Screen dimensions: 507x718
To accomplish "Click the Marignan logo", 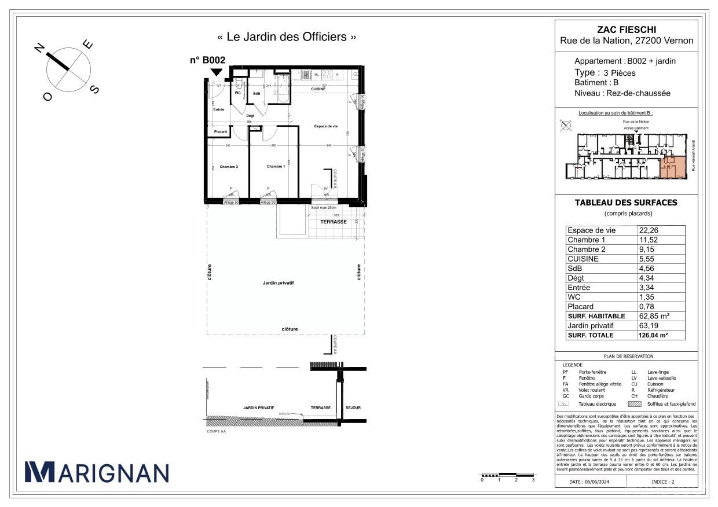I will tap(97, 472).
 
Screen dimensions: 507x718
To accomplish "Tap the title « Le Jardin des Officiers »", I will tap(287, 37).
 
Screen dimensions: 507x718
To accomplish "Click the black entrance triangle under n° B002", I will tap(216, 72).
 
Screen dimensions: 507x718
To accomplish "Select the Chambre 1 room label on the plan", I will tap(276, 167).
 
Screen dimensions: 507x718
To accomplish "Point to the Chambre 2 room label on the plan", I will tap(229, 167).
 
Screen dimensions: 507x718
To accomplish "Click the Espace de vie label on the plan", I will tap(326, 126).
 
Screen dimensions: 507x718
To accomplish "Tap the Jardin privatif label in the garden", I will tap(279, 283).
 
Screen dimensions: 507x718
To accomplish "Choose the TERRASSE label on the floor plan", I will tap(334, 222).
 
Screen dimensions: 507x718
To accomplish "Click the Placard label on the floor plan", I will tap(221, 132).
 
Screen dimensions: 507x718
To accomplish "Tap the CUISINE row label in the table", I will tap(583, 259).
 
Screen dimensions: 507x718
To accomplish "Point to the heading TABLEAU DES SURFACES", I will tap(625, 203).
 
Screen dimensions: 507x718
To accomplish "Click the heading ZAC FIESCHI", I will tap(626, 30).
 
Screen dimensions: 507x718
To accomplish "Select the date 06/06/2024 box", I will tap(590, 482).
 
